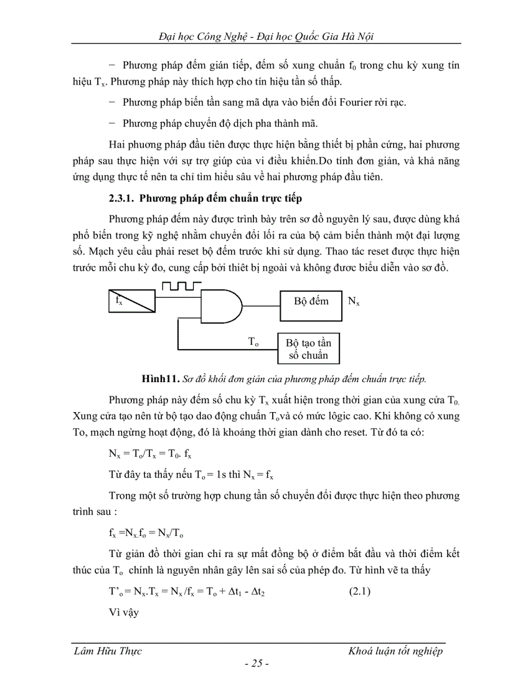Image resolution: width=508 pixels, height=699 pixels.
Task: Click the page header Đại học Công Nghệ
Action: click(206, 36)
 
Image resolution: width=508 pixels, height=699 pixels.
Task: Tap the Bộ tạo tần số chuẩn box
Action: click(308, 349)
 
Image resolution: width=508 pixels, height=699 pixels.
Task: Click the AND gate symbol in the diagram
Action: click(221, 306)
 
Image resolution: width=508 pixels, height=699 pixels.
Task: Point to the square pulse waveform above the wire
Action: click(181, 286)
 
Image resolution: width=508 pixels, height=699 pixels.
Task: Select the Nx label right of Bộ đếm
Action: click(354, 301)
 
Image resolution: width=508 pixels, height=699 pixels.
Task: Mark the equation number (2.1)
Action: click(358, 592)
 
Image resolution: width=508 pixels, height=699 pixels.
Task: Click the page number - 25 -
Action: click(256, 664)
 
